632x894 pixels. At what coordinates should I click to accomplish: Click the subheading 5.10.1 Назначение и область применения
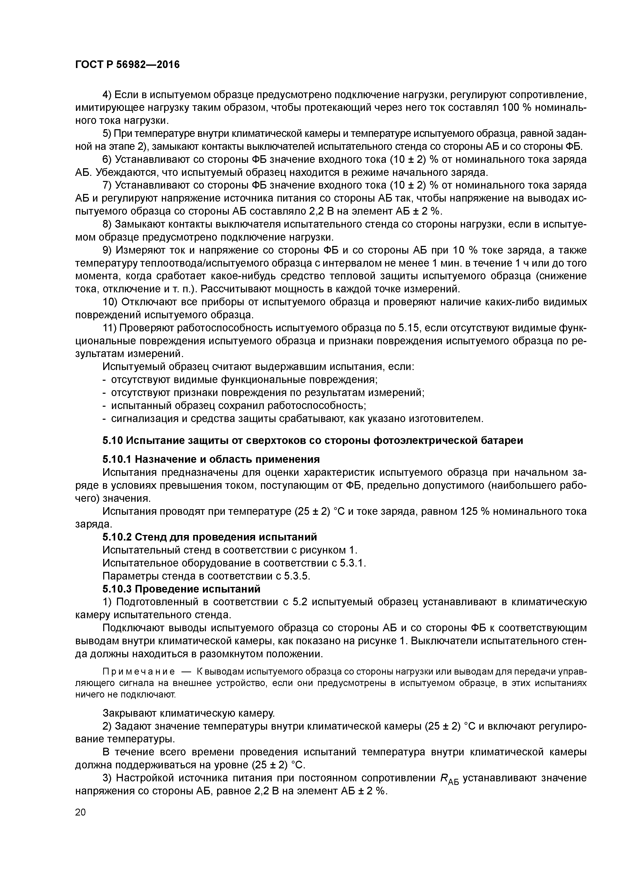pos(211,459)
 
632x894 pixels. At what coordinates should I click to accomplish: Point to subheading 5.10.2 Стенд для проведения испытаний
pos(209,537)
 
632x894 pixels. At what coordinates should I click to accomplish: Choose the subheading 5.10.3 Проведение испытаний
pos(181,588)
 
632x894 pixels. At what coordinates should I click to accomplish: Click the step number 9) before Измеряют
pos(108,250)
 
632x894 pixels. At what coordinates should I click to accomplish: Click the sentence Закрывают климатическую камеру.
pos(189,713)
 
